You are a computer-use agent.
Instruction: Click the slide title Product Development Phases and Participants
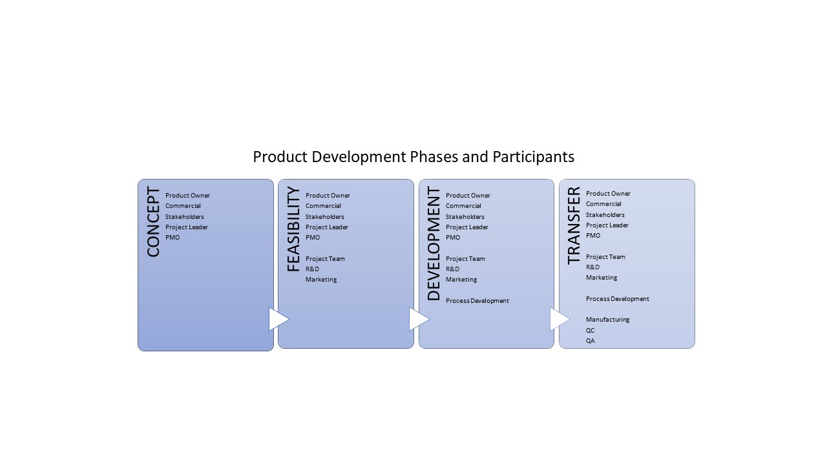tap(413, 157)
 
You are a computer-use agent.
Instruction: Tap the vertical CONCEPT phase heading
tap(153, 222)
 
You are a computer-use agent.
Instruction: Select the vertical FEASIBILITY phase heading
tap(293, 229)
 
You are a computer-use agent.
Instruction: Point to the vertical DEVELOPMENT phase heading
tap(434, 243)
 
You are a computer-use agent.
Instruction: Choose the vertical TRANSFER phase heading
tap(574, 225)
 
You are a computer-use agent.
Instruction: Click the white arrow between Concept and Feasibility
tap(278, 319)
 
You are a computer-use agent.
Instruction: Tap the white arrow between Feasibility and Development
tap(419, 319)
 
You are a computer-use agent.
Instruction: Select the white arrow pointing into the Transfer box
tap(560, 319)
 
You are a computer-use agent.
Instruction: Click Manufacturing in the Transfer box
tap(608, 320)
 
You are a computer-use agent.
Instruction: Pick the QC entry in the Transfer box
tap(591, 330)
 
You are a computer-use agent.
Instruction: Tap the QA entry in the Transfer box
tap(591, 340)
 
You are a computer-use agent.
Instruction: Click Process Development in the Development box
tap(477, 301)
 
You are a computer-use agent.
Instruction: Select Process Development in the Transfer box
tap(617, 299)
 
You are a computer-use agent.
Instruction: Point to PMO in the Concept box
tap(173, 237)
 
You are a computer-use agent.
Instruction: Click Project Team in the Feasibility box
tap(325, 259)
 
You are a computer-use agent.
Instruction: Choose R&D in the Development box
tap(453, 269)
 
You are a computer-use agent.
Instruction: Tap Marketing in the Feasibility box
tap(321, 280)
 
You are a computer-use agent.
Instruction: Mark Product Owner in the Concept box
tap(187, 196)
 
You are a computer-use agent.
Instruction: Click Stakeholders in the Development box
tap(465, 216)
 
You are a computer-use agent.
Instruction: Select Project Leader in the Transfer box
tap(607, 225)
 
